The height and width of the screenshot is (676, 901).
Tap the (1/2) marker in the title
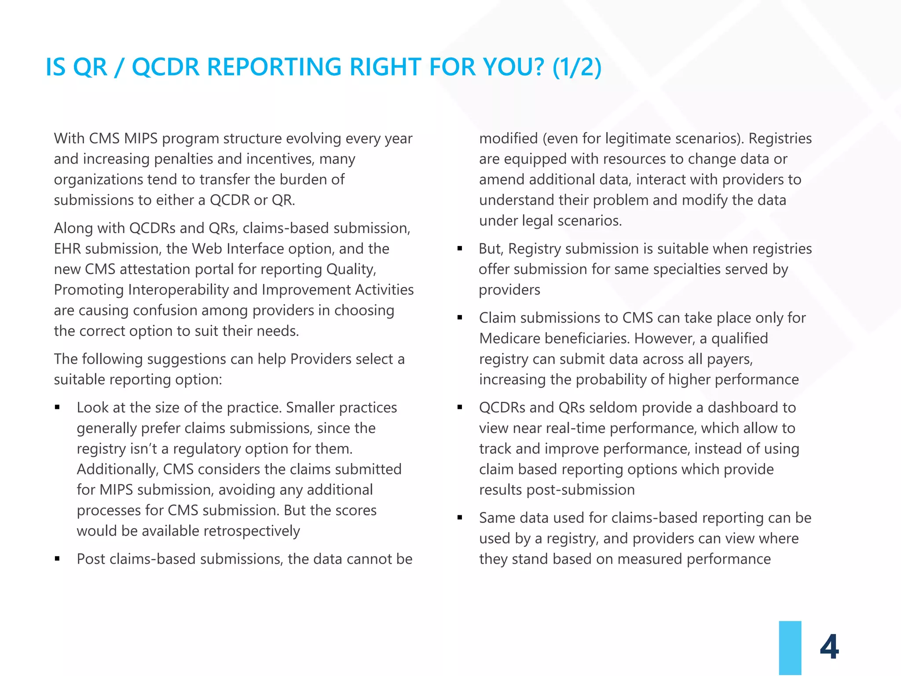point(577,67)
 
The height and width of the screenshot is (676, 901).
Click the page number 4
point(829,647)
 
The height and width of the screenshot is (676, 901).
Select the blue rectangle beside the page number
point(790,648)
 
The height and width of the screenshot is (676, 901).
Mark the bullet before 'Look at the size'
point(57,408)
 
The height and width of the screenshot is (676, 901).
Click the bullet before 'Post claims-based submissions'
point(57,559)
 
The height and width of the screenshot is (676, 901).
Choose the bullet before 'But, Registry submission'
point(460,249)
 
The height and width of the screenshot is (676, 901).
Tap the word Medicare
point(510,338)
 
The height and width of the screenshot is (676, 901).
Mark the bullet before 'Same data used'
point(460,518)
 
